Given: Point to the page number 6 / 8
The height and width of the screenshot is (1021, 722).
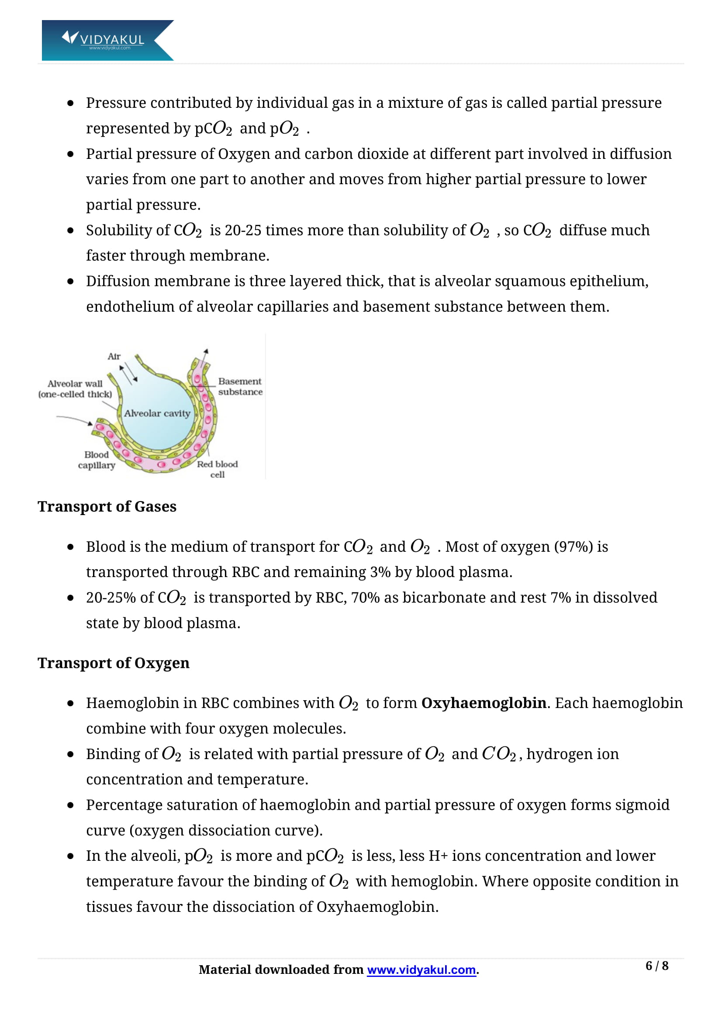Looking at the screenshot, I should tap(656, 966).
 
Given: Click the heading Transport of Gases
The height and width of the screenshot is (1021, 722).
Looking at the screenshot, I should tap(107, 506).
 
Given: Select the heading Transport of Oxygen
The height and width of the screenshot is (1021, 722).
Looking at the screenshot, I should tap(114, 663).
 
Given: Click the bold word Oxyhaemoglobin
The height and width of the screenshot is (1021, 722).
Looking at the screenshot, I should tap(484, 703).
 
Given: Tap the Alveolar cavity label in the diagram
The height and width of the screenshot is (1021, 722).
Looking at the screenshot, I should tap(157, 413).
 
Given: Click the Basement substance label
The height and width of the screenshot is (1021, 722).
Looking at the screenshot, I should tap(240, 386).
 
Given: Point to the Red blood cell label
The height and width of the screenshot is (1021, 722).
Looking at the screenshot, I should tap(217, 469).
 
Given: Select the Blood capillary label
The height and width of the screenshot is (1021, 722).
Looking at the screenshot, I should tap(97, 460).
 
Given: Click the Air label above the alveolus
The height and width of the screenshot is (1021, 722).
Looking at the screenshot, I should tap(114, 356).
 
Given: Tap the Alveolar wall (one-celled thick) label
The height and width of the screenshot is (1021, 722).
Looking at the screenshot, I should tap(75, 388).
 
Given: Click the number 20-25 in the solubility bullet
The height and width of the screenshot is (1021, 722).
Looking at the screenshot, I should tap(243, 230).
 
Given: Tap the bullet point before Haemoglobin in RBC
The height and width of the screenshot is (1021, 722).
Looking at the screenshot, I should tap(70, 704).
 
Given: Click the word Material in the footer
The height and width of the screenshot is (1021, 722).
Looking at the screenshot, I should tap(225, 969).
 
